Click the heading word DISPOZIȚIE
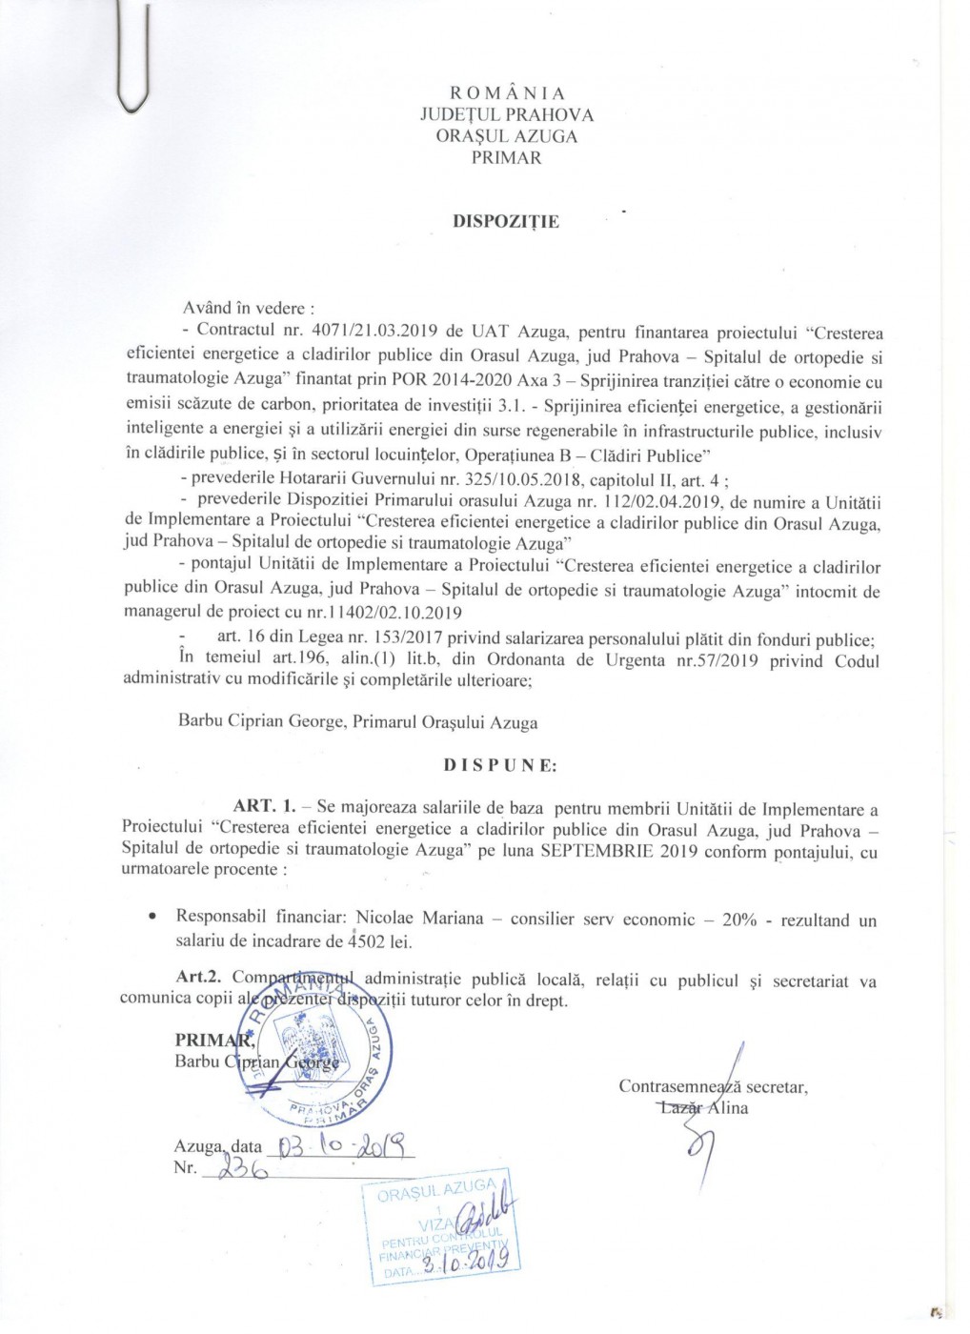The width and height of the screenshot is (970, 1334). (506, 222)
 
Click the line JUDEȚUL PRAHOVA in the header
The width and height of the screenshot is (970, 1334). (506, 114)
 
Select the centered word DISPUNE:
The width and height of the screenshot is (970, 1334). (500, 765)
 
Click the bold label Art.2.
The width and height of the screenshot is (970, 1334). (199, 980)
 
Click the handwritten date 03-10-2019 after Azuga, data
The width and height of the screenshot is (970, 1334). (344, 1144)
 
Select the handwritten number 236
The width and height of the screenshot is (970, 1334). (234, 1169)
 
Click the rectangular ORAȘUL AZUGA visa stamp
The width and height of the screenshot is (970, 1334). (439, 1226)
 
